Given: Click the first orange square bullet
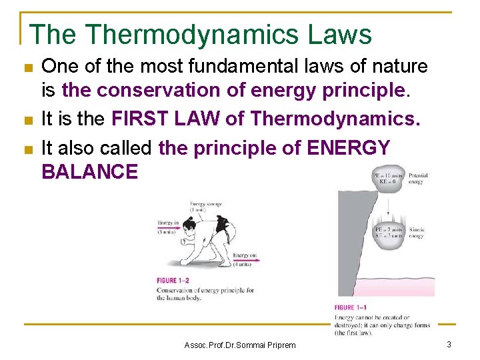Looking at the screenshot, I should tap(27, 68).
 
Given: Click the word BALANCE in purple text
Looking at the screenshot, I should tap(89, 171).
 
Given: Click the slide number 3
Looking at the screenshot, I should tap(449, 344).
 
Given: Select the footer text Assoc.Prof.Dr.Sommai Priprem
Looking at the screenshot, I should tap(239, 345).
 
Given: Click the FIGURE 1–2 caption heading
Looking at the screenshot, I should tap(176, 281).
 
